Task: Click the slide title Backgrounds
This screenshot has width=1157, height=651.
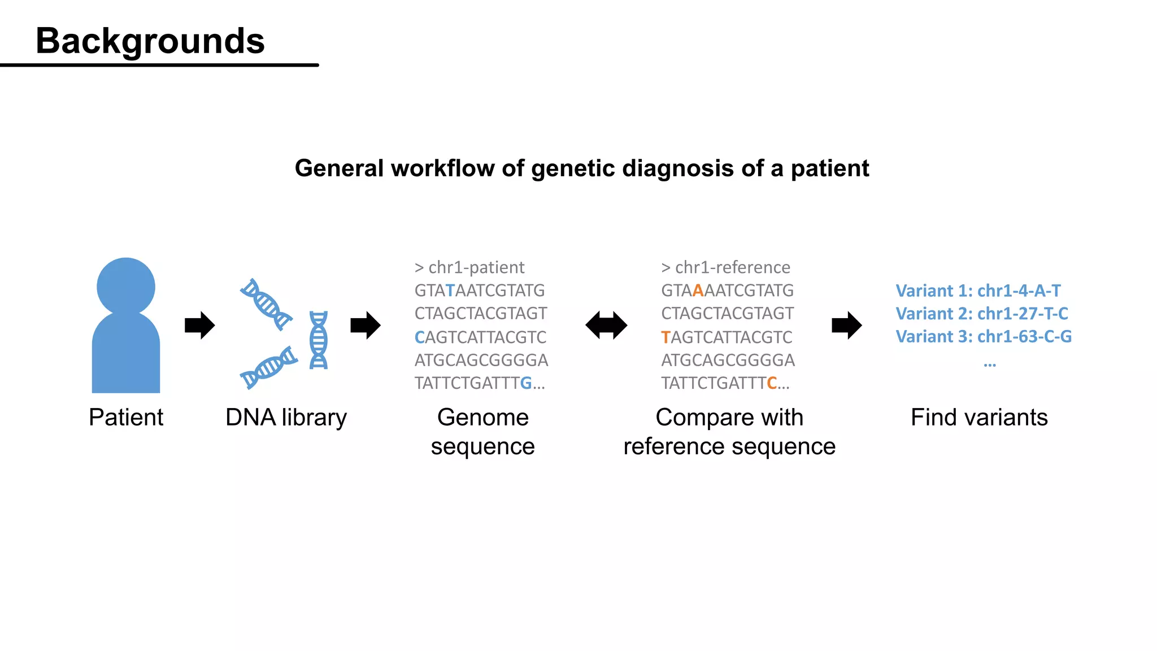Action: click(150, 41)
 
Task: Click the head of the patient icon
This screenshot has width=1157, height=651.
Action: click(125, 286)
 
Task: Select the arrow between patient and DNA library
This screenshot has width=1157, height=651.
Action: click(200, 325)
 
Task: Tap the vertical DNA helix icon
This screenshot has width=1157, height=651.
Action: click(319, 340)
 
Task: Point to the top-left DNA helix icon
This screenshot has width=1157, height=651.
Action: click(266, 304)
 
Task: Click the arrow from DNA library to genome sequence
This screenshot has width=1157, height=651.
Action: click(366, 325)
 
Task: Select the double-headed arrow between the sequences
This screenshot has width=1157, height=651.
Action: click(606, 325)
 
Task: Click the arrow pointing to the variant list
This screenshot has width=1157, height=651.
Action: click(847, 325)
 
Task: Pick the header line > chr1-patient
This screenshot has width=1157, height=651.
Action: click(469, 267)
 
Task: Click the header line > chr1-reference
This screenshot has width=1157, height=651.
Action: click(725, 267)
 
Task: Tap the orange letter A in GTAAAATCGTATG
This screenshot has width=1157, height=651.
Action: click(698, 290)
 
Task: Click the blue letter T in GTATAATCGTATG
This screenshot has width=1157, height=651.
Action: click(450, 290)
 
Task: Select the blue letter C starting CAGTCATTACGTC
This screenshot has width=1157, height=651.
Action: click(419, 337)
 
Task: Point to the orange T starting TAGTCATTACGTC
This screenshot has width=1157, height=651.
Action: click(666, 337)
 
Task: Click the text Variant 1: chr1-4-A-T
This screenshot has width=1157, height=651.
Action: click(978, 290)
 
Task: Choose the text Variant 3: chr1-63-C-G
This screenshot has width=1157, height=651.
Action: click(984, 337)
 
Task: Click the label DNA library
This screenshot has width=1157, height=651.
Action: click(286, 418)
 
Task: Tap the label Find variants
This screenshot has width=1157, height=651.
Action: click(979, 418)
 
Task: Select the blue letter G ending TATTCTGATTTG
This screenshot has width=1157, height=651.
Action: click(525, 383)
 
